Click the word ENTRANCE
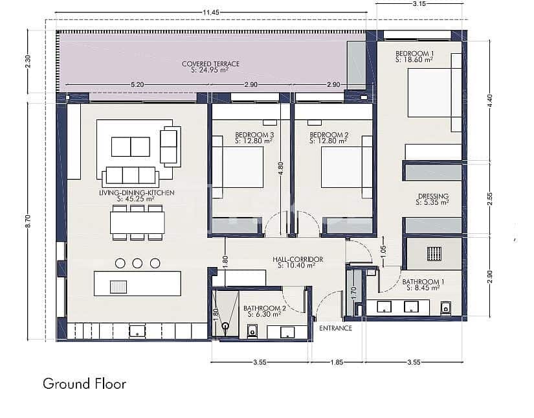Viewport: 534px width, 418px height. click(x=336, y=328)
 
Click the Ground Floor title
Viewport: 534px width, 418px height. click(x=84, y=383)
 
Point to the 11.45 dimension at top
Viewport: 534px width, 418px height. click(x=211, y=12)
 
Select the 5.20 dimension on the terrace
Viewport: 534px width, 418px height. click(x=137, y=85)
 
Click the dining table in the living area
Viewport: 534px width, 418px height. click(x=137, y=222)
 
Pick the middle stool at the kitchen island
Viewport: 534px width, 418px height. click(x=137, y=262)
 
